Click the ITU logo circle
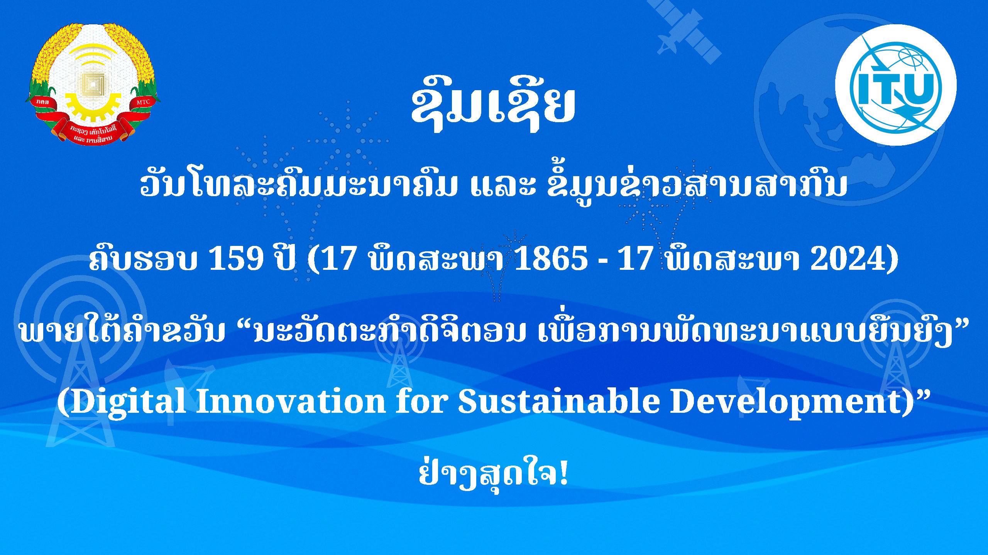[x=895, y=85]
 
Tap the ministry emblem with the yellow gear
[x=93, y=84]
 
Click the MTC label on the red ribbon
[x=143, y=102]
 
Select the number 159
[x=236, y=258]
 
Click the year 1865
[x=551, y=258]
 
